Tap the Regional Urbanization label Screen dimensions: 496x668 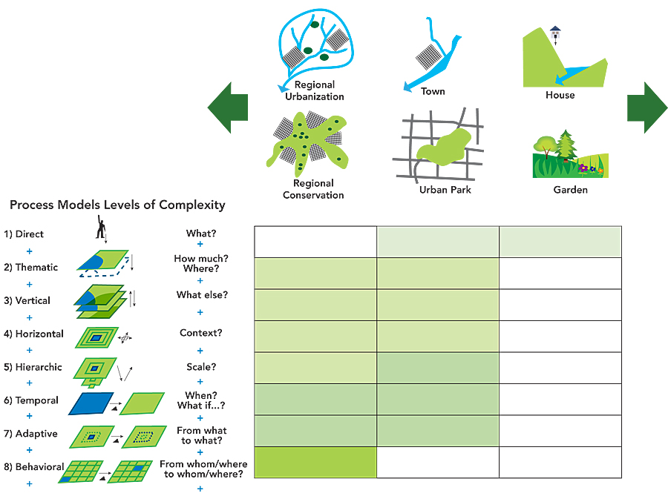[x=315, y=90]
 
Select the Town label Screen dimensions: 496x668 [x=433, y=91]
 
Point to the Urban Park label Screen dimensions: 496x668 [x=445, y=190]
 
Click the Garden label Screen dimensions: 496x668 [x=570, y=190]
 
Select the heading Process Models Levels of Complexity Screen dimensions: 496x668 [x=117, y=205]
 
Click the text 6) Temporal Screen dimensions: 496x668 [x=31, y=400]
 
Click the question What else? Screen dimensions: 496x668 [x=202, y=295]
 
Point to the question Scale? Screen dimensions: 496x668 [x=201, y=367]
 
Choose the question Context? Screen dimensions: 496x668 [x=201, y=334]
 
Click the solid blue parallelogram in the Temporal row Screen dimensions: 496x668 [x=91, y=403]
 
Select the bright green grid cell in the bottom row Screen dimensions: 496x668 [x=315, y=463]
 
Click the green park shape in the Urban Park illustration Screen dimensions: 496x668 [x=443, y=148]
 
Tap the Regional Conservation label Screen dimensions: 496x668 [x=313, y=189]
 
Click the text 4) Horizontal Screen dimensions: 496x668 [x=33, y=334]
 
